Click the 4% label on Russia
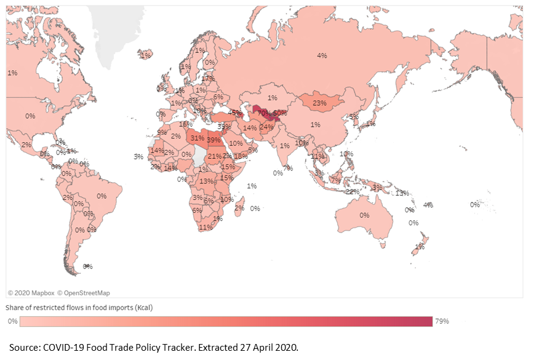click(x=322, y=55)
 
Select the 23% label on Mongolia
click(x=319, y=103)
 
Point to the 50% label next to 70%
click(x=281, y=113)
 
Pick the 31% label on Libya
click(x=197, y=138)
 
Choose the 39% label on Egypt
click(x=214, y=140)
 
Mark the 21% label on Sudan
click(x=214, y=156)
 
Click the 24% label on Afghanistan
click(x=266, y=127)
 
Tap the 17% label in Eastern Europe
click(x=208, y=79)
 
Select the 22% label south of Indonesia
click(x=352, y=191)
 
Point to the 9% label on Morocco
click(x=162, y=132)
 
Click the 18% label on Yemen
click(x=241, y=156)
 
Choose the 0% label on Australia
click(x=364, y=215)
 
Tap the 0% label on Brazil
click(x=102, y=196)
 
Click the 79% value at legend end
click(x=442, y=321)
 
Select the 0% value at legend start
click(x=12, y=321)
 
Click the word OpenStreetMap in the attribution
click(x=87, y=293)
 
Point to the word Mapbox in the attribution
click(x=43, y=293)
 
